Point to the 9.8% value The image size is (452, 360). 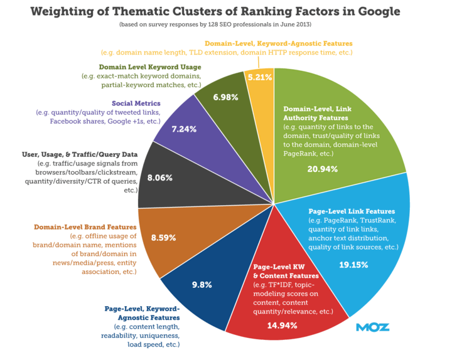click(202, 284)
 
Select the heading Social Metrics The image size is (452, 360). click(136, 102)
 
